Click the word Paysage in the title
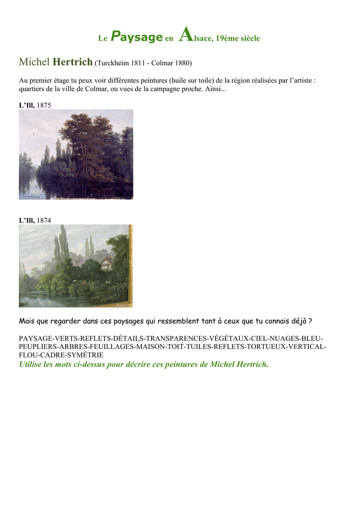click(x=136, y=37)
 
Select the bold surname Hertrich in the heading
click(x=73, y=62)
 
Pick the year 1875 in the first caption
click(x=44, y=105)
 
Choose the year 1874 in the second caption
click(x=44, y=220)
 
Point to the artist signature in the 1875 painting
click(x=29, y=196)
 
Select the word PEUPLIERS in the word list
click(x=38, y=346)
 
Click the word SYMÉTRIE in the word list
click(x=85, y=355)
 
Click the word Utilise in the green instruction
click(x=30, y=364)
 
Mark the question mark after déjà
click(x=310, y=322)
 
